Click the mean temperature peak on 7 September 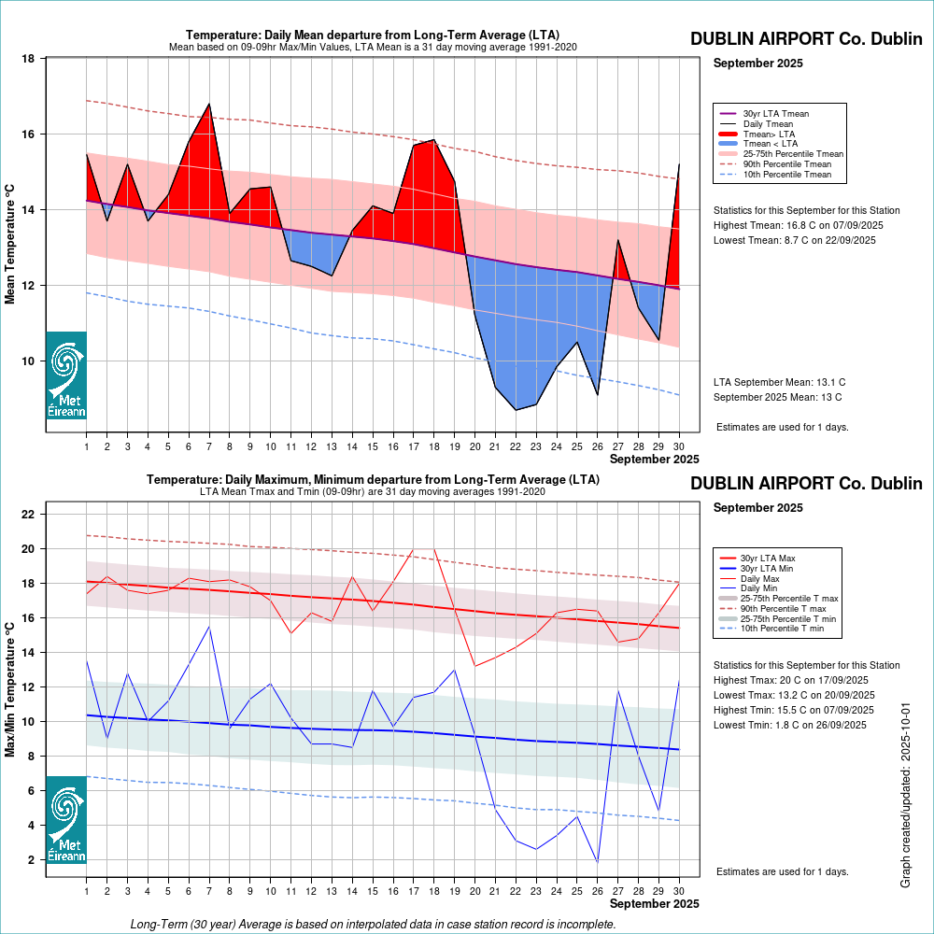click(x=209, y=104)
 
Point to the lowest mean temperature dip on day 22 click(x=516, y=410)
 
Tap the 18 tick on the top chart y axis click(x=28, y=59)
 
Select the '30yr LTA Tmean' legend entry click(x=775, y=114)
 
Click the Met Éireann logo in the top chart click(x=66, y=375)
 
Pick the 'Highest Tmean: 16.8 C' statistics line click(x=799, y=225)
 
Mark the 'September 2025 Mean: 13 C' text click(x=777, y=397)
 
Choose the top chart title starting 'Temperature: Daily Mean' click(x=372, y=35)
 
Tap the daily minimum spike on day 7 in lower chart click(x=209, y=627)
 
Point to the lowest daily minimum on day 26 click(x=597, y=862)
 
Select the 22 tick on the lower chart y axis click(x=28, y=515)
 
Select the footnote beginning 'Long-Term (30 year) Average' click(x=373, y=925)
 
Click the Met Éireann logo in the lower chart click(x=66, y=819)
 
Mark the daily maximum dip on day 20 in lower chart click(x=474, y=666)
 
